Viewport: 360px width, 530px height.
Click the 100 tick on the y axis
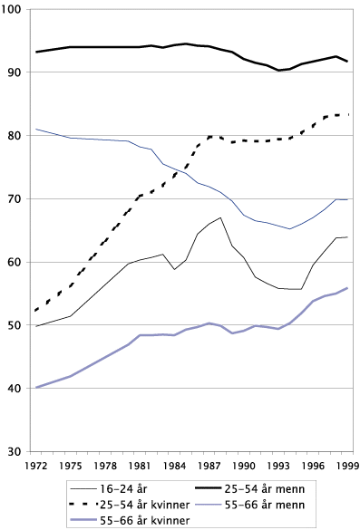pos(15,9)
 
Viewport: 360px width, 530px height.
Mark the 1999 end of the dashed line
pos(349,115)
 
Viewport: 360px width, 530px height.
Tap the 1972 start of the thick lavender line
pos(36,388)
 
